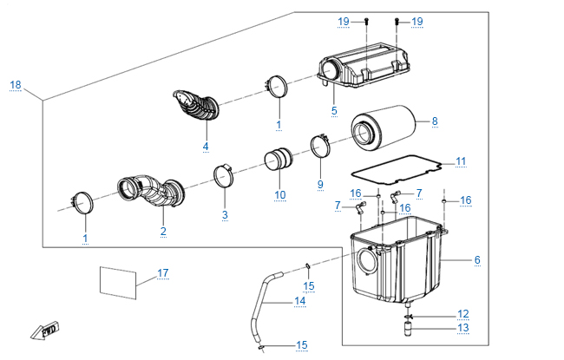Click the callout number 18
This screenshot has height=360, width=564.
coord(16,84)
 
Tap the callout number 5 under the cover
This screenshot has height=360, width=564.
coord(334,111)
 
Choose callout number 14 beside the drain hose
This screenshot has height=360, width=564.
coord(299,300)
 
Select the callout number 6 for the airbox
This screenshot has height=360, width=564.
coord(476,259)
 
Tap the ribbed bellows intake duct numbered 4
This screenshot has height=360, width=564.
coord(195,109)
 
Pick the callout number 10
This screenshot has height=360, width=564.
coord(279,194)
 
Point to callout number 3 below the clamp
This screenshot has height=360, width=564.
coord(224,214)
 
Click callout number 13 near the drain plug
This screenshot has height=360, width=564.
coord(462,328)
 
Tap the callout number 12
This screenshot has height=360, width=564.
coord(462,314)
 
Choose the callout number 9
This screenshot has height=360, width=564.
coord(319,184)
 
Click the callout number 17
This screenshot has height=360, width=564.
coord(162,272)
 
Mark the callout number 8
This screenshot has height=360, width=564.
coord(435,121)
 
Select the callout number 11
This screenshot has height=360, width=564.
coord(461,160)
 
